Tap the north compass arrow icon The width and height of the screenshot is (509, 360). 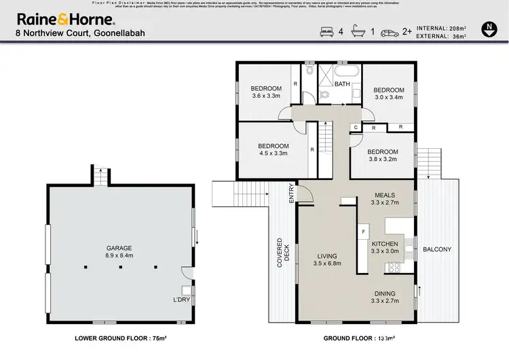click(x=489, y=29)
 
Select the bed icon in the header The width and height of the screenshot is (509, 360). click(x=324, y=31)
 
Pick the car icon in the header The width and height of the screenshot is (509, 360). click(x=388, y=31)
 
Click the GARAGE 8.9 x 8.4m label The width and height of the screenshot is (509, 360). click(x=119, y=252)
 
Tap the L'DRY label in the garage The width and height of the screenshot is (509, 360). click(x=181, y=298)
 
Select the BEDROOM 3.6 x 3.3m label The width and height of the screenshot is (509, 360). click(x=266, y=92)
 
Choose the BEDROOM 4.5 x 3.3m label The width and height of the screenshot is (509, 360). click(x=273, y=149)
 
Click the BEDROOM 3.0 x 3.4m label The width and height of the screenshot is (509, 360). click(x=389, y=94)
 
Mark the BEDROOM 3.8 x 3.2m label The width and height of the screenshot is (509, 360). click(x=382, y=156)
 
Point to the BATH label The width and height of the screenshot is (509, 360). click(x=343, y=84)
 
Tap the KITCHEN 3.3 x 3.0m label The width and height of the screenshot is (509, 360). click(x=385, y=247)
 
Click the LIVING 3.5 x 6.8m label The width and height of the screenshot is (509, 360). click(x=327, y=259)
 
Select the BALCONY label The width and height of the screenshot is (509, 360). click(x=437, y=250)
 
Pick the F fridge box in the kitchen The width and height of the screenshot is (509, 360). click(x=364, y=232)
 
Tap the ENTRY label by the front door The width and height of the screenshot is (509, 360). click(x=292, y=193)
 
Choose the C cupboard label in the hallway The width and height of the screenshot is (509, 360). click(x=356, y=127)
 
